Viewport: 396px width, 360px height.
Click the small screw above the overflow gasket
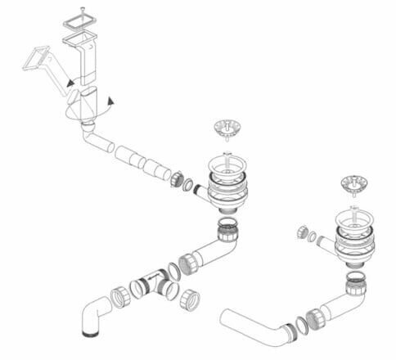82,11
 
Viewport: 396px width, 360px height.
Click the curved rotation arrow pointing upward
109,101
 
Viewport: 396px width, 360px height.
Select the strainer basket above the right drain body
353,182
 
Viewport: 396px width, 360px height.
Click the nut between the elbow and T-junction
119,295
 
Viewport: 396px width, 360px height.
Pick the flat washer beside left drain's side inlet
187,183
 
